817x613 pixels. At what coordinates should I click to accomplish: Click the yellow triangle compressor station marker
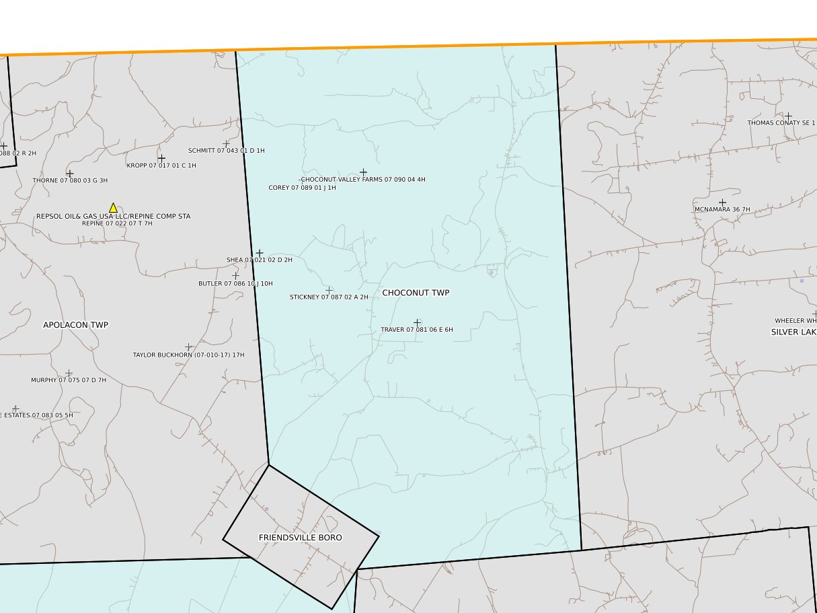pyautogui.click(x=113, y=208)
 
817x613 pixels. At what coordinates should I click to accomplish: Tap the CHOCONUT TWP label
pyautogui.click(x=416, y=293)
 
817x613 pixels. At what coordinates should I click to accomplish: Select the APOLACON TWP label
pyautogui.click(x=75, y=325)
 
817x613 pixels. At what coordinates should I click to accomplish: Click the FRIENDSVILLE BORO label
pyautogui.click(x=300, y=538)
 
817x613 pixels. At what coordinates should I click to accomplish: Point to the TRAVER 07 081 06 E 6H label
pyautogui.click(x=417, y=330)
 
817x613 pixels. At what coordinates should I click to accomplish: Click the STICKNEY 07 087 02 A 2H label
pyautogui.click(x=329, y=297)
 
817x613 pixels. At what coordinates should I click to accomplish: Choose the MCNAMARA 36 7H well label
pyautogui.click(x=722, y=209)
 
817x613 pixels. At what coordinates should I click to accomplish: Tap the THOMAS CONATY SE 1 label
pyautogui.click(x=781, y=123)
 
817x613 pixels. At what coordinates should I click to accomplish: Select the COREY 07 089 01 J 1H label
pyautogui.click(x=302, y=188)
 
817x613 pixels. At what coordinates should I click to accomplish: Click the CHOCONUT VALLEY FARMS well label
pyautogui.click(x=363, y=180)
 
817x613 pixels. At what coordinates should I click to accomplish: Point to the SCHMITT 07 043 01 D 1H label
pyautogui.click(x=226, y=151)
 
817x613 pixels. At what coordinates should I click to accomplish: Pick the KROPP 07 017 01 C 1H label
pyautogui.click(x=161, y=166)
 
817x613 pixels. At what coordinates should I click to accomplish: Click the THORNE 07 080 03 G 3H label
pyautogui.click(x=70, y=180)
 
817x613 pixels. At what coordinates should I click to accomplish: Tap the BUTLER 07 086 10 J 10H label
pyautogui.click(x=235, y=283)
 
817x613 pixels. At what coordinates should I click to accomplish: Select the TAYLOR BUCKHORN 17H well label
pyautogui.click(x=188, y=355)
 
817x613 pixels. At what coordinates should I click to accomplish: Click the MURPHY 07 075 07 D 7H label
pyautogui.click(x=69, y=380)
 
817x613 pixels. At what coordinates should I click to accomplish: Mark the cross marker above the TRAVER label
pyautogui.click(x=417, y=322)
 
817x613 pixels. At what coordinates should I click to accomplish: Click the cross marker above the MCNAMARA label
pyautogui.click(x=722, y=202)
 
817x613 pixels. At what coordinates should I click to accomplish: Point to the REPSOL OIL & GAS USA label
pyautogui.click(x=113, y=216)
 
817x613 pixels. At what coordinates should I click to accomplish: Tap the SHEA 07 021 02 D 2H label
pyautogui.click(x=259, y=260)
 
